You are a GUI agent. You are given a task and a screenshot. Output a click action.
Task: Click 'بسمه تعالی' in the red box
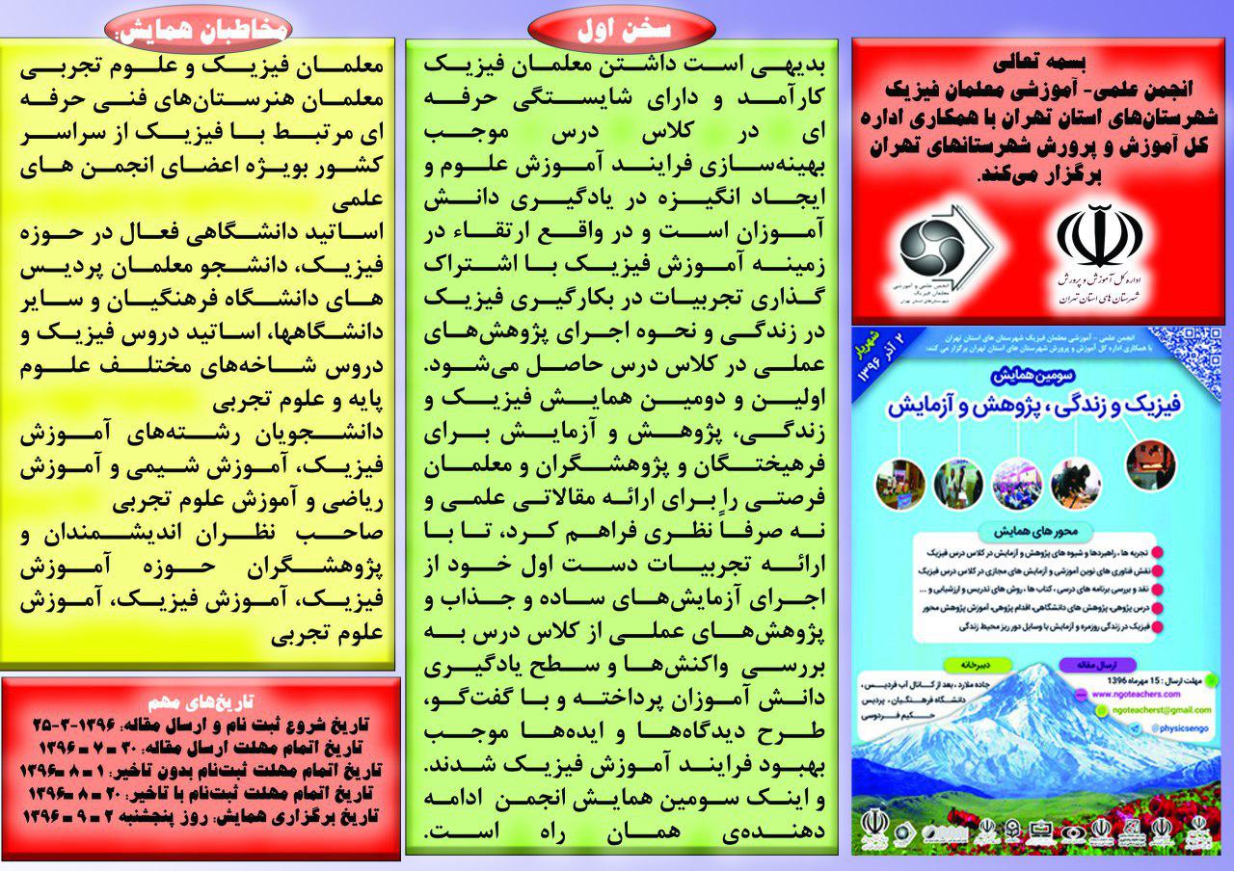(x=1038, y=61)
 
